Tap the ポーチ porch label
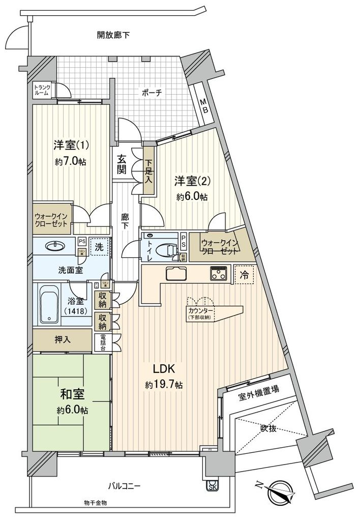point(152,93)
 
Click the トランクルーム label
point(41,91)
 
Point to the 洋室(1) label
point(72,146)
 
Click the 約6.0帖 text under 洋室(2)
point(192,196)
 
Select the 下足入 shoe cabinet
point(148,170)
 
